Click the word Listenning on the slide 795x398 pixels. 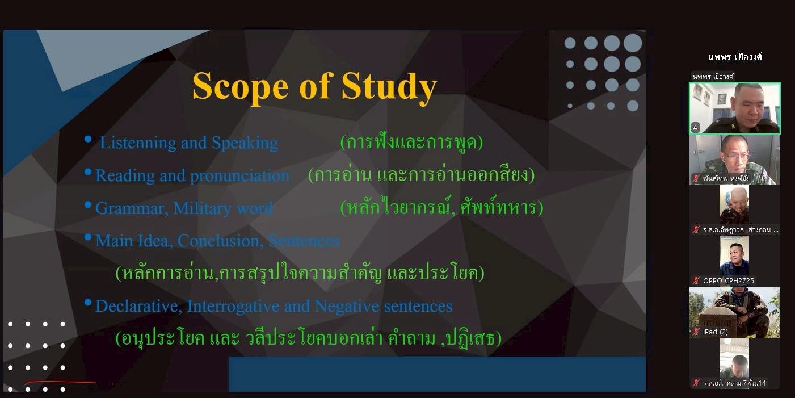point(138,143)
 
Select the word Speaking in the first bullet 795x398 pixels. point(245,143)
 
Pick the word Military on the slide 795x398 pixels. point(202,208)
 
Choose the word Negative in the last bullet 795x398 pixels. point(347,306)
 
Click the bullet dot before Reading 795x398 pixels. point(88,172)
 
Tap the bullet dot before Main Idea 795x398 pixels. point(88,237)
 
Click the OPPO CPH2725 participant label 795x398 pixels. point(728,281)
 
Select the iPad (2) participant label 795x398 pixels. point(715,332)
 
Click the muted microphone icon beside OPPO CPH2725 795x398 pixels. point(696,281)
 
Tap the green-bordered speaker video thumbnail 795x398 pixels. point(734,108)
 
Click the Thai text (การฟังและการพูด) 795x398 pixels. point(411,143)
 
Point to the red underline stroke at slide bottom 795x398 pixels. point(60,382)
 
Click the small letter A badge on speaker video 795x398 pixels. point(695,127)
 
